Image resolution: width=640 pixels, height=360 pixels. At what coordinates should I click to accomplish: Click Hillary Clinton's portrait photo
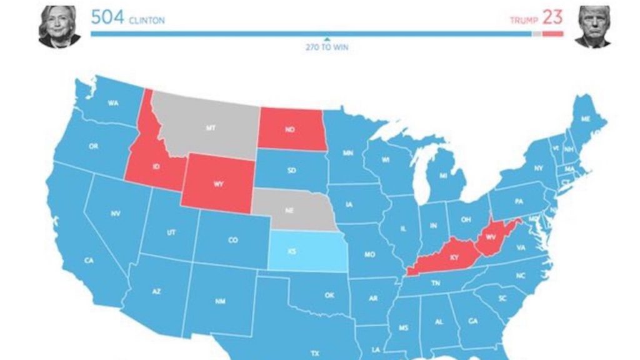pyautogui.click(x=59, y=26)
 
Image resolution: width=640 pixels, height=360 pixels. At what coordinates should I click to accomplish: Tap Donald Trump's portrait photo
pyautogui.click(x=594, y=26)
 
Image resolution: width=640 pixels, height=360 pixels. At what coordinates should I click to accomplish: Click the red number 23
pyautogui.click(x=552, y=17)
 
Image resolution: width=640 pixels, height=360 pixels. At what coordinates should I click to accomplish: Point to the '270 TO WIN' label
pyautogui.click(x=327, y=47)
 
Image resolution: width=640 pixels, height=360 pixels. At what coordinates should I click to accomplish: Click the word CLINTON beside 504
pyautogui.click(x=147, y=21)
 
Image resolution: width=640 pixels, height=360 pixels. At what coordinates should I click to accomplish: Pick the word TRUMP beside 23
pyautogui.click(x=524, y=21)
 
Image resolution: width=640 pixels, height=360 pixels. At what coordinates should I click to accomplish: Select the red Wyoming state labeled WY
pyautogui.click(x=218, y=184)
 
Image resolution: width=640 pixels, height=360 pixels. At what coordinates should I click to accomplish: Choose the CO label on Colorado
pyautogui.click(x=232, y=240)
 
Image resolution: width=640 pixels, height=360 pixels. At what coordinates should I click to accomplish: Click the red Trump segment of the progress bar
pyautogui.click(x=552, y=34)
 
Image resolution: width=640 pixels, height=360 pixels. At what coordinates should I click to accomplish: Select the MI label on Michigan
pyautogui.click(x=443, y=176)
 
